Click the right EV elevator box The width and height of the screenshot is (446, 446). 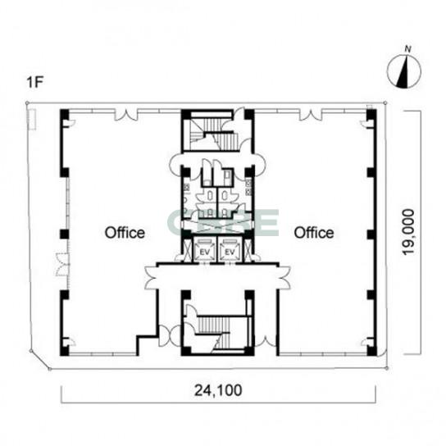230,250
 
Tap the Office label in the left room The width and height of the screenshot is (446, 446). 125,232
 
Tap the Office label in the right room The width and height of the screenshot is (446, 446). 314,232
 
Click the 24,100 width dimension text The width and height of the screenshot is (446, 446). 218,390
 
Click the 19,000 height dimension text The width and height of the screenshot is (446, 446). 408,232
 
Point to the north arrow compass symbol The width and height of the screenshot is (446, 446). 403,71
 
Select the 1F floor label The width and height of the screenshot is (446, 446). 34,82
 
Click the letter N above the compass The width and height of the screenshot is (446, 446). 408,49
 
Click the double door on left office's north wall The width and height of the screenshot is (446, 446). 126,115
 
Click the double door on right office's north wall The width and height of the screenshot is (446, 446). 310,115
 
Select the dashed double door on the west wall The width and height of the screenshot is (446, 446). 62,264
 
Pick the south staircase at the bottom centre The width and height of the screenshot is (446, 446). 216,330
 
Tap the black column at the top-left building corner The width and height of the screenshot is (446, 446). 64,114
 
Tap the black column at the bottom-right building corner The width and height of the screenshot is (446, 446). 371,350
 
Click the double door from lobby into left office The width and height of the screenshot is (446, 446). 151,278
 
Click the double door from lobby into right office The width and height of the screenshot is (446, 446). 284,278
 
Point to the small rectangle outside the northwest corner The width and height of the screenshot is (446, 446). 32,120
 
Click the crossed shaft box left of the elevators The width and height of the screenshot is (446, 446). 188,250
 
